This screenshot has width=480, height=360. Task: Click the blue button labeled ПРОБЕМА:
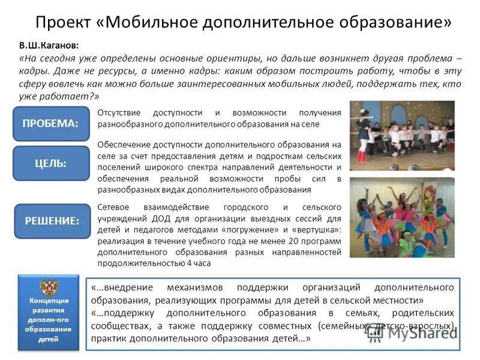click(50, 124)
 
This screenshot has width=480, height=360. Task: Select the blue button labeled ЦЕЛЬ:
click(50, 163)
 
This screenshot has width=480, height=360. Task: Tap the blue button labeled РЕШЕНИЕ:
click(52, 221)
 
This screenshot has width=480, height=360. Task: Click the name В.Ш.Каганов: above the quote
click(49, 46)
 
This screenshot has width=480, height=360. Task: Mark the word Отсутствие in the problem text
click(119, 112)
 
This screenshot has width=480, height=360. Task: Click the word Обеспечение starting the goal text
click(122, 145)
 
